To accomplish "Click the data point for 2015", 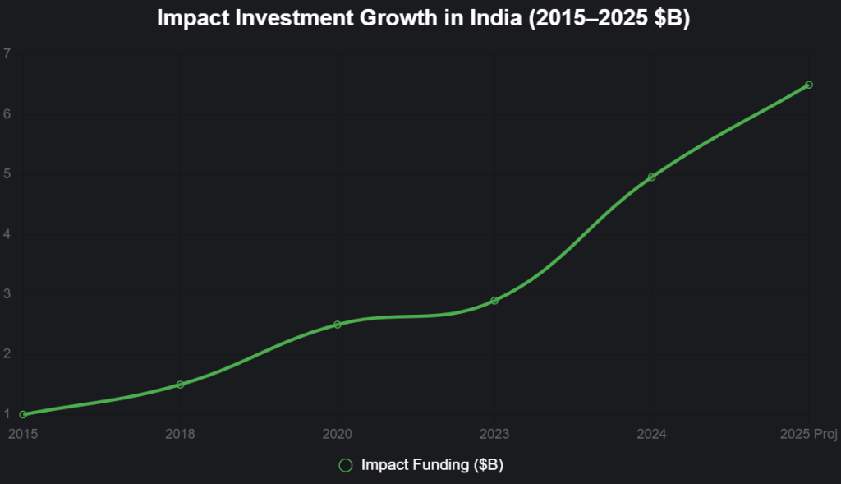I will (23, 414).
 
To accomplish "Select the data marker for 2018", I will (180, 385).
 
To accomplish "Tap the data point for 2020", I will (337, 325).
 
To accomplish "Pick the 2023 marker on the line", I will (494, 301).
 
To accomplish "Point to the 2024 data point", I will (652, 177).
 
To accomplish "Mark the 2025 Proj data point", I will (809, 85).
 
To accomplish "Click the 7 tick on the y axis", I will (7, 54).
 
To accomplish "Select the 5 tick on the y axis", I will (7, 174).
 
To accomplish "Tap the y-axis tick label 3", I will (7, 294).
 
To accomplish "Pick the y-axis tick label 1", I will (7, 414).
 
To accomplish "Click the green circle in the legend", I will (346, 465).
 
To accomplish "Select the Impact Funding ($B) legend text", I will (432, 465).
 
